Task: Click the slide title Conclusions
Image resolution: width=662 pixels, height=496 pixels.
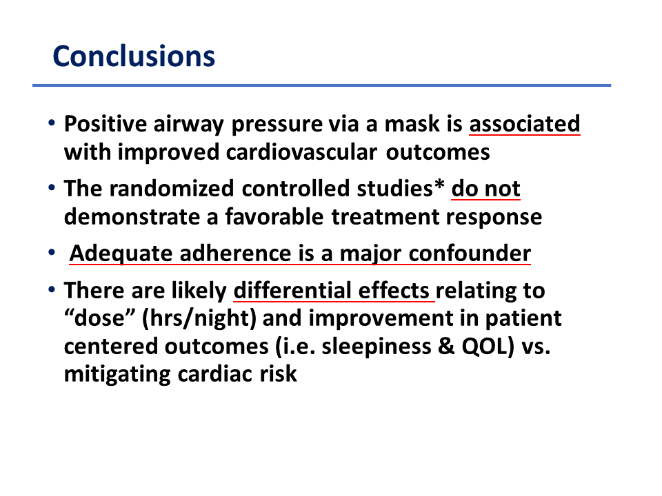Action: [134, 56]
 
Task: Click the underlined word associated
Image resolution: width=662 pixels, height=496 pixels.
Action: [525, 124]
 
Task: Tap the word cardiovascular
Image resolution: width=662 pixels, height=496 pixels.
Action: [301, 152]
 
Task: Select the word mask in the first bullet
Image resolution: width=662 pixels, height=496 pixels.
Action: [412, 124]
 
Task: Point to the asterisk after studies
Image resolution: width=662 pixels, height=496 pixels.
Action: [439, 185]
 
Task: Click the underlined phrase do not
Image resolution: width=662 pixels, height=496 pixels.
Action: [485, 189]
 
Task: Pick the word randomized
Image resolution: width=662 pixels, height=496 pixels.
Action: [172, 189]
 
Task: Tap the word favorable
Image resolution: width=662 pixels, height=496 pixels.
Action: [274, 217]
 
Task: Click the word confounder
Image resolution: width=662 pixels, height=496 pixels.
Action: [470, 254]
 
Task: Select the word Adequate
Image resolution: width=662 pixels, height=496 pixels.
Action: [121, 254]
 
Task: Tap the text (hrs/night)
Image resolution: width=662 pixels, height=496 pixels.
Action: [199, 319]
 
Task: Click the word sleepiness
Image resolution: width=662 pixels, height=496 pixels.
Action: [377, 347]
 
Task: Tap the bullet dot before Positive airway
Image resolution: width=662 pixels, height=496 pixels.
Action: [52, 123]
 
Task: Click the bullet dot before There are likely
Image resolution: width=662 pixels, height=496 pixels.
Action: [52, 290]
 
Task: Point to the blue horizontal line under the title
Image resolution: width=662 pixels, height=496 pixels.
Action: [322, 85]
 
